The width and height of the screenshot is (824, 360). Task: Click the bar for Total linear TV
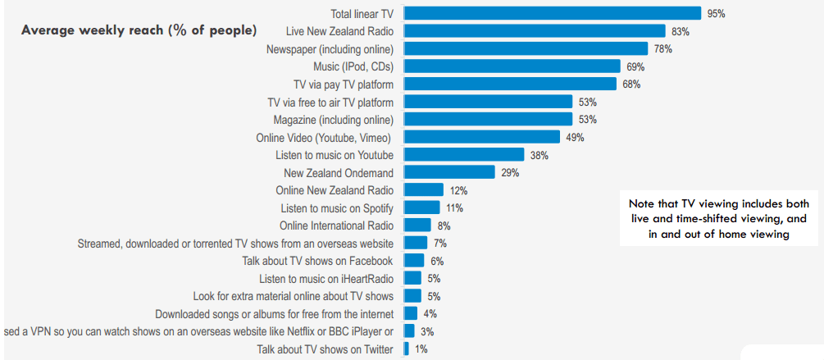(x=552, y=13)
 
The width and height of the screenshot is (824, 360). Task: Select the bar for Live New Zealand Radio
(x=535, y=31)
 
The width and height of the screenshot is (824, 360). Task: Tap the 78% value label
(x=662, y=49)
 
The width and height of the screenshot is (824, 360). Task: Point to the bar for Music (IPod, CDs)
(x=512, y=66)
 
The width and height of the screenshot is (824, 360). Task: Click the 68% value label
(x=631, y=84)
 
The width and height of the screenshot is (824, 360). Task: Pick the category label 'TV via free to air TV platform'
(x=330, y=103)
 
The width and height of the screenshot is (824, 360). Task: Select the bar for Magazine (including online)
(x=488, y=120)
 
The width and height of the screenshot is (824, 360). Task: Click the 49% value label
(x=574, y=138)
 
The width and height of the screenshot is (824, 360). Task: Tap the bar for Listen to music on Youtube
(x=464, y=155)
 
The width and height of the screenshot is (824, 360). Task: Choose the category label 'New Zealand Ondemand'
(x=339, y=173)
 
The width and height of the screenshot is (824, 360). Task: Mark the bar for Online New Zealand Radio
(x=424, y=190)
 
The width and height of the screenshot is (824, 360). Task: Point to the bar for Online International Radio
(x=417, y=226)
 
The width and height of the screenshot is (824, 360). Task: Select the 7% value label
(x=440, y=244)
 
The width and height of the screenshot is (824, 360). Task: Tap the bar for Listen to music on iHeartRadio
(x=412, y=279)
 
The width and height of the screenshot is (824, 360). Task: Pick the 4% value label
(x=430, y=314)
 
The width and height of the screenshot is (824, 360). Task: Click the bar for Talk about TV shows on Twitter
(x=406, y=349)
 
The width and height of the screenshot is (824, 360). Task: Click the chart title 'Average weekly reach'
(x=139, y=30)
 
